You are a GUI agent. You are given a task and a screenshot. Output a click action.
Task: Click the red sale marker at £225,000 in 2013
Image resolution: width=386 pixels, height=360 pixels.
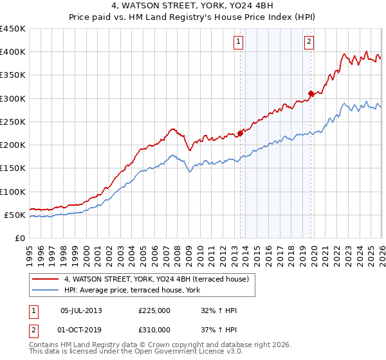point(240,133)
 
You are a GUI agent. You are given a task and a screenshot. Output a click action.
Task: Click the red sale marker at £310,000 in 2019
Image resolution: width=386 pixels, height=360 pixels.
point(311,93)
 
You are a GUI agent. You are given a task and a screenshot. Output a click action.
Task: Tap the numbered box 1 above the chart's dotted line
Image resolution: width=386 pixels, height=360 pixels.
point(238,42)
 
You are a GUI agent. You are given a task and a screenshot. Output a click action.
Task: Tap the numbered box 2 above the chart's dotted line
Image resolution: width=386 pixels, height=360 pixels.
point(309,42)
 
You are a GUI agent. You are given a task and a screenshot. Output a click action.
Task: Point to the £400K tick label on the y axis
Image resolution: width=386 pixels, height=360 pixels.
point(13,52)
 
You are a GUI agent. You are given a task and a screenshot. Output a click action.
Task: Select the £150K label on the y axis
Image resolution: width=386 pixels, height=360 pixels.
point(13,168)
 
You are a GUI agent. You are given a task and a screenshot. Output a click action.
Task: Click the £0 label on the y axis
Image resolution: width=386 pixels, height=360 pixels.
point(20,239)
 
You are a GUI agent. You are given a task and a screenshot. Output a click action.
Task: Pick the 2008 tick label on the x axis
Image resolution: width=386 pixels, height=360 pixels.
point(178,256)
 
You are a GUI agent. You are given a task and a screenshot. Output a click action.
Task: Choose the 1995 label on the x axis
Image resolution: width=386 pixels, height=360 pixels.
point(30,256)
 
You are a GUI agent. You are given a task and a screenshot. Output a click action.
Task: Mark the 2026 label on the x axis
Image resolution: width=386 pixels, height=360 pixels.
point(382,256)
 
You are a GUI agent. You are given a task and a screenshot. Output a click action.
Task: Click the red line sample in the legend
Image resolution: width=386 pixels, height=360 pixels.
point(45,279)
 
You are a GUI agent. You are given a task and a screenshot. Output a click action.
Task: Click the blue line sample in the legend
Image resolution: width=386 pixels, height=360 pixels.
point(45,290)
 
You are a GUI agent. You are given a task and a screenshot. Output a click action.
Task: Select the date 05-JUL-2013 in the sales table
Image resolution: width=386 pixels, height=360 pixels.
point(81,310)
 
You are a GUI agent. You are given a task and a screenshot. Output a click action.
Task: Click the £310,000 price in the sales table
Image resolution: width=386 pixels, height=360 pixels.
point(154,330)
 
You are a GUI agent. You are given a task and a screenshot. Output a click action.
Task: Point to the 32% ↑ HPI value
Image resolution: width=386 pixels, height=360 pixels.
point(219,310)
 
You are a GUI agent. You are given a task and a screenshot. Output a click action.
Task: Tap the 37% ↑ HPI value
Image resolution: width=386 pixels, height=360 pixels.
point(219,330)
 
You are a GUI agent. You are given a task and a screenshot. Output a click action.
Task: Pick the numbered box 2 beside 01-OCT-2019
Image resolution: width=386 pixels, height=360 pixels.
point(33,331)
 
